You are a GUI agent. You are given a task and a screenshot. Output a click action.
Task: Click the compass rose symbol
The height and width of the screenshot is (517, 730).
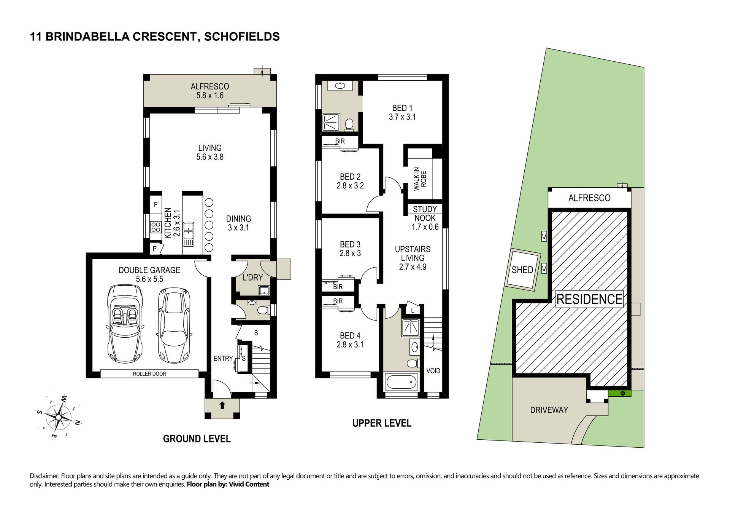pyautogui.click(x=58, y=417)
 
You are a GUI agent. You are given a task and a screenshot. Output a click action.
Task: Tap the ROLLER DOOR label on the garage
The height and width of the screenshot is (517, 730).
pyautogui.click(x=149, y=374)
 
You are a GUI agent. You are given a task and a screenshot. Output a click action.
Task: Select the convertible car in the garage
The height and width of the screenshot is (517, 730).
pyautogui.click(x=125, y=324)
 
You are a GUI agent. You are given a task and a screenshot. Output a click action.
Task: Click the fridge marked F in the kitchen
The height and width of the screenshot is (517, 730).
pyautogui.click(x=156, y=205)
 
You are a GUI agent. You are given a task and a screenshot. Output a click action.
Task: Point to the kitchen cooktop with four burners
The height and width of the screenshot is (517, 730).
pyautogui.click(x=156, y=227)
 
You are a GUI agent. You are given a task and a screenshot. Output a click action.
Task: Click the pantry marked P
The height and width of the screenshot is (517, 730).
pyautogui.click(x=155, y=249)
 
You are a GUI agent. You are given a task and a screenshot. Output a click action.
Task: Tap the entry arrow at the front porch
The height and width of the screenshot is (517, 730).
pyautogui.click(x=222, y=405)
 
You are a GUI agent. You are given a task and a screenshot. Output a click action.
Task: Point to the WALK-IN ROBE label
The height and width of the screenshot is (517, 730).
pyautogui.click(x=420, y=179)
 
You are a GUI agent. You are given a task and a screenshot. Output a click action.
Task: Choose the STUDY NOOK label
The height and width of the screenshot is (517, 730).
pyautogui.click(x=425, y=214)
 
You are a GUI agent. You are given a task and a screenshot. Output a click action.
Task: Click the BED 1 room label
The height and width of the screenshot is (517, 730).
pyautogui.click(x=402, y=108)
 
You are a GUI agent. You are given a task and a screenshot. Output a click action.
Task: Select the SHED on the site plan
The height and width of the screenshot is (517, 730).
pyautogui.click(x=522, y=270)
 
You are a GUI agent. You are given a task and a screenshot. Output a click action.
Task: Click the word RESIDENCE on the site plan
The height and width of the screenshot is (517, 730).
pyautogui.click(x=589, y=299)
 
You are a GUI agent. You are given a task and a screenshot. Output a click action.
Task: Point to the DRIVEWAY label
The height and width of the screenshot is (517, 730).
pyautogui.click(x=549, y=410)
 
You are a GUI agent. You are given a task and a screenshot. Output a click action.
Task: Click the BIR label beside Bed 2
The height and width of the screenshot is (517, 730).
pyautogui.click(x=340, y=141)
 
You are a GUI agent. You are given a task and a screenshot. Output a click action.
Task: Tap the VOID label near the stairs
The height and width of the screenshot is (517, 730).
pyautogui.click(x=433, y=371)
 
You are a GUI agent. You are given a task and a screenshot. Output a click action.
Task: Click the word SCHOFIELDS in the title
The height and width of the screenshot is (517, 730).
pyautogui.click(x=242, y=37)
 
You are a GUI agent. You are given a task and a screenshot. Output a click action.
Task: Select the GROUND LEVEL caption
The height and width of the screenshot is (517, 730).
pyautogui.click(x=197, y=439)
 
